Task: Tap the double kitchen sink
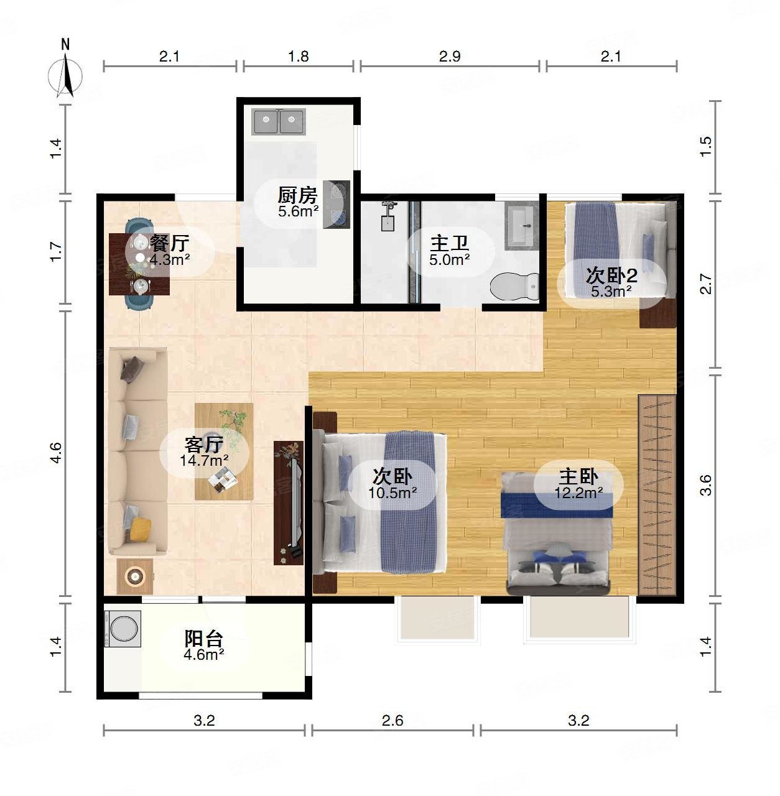click(x=279, y=121)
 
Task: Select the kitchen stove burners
click(x=337, y=204)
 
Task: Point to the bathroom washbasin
click(x=523, y=226)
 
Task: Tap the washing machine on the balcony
click(x=123, y=629)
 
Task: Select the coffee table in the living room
click(x=224, y=452)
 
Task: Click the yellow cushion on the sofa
click(x=141, y=529)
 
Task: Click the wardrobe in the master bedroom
click(x=657, y=495)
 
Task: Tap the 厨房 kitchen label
click(x=297, y=195)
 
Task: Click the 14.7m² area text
click(x=204, y=460)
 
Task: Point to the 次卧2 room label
click(x=611, y=275)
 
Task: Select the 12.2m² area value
click(x=578, y=493)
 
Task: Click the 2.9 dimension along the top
click(x=450, y=56)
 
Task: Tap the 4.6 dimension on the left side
click(x=56, y=453)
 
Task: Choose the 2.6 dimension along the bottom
click(x=392, y=721)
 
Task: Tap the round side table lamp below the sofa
click(x=135, y=575)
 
